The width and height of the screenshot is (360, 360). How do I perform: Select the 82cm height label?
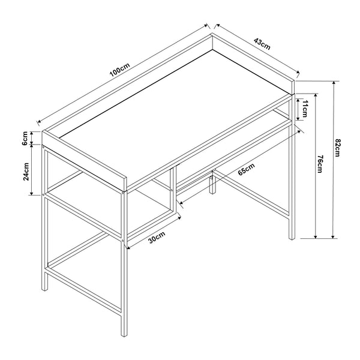point(338,146)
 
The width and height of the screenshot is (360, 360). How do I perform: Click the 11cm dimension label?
point(305,109)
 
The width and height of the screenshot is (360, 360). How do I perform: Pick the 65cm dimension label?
point(246,169)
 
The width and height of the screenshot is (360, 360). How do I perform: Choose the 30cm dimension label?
point(157,238)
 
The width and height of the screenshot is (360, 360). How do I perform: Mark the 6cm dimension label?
point(25,138)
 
